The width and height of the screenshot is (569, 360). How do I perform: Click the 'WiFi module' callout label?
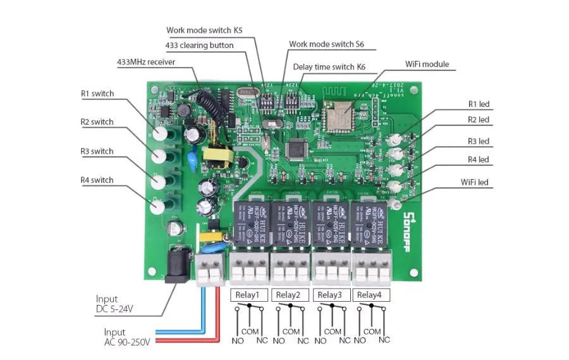[x=427, y=65]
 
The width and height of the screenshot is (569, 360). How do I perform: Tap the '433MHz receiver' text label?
[x=146, y=62]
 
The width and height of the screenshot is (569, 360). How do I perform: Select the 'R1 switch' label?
[x=97, y=94]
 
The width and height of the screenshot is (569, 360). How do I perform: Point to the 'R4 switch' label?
[x=97, y=180]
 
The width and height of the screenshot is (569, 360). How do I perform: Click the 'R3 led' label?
[x=479, y=141]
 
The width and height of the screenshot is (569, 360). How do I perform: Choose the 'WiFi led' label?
[x=475, y=182]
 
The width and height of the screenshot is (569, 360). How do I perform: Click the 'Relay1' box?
[x=247, y=295]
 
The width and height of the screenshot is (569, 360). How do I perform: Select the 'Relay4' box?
[x=369, y=295]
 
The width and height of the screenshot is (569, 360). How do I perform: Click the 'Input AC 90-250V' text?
[x=126, y=337]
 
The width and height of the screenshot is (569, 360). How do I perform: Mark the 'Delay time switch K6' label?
[x=329, y=67]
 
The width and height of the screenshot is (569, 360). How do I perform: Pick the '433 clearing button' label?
[x=199, y=46]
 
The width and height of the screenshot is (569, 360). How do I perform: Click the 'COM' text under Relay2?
[x=291, y=332]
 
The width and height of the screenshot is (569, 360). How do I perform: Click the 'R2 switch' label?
[x=97, y=122]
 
